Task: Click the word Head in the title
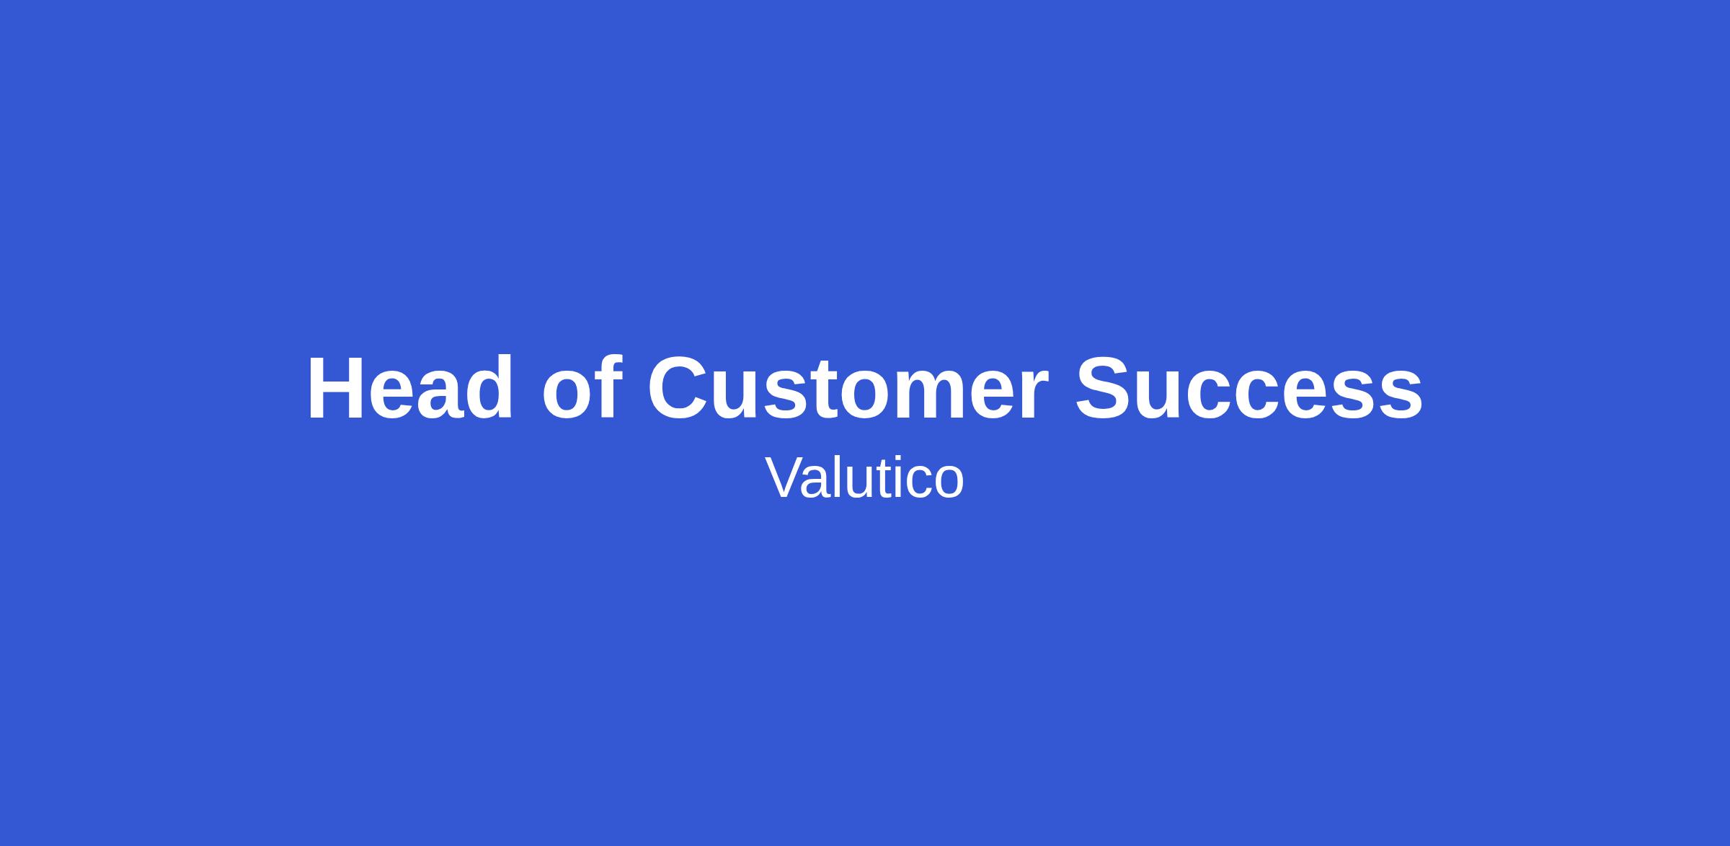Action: (x=410, y=388)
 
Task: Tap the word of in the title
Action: (x=582, y=387)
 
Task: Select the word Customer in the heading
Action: (x=848, y=388)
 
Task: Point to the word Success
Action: (x=1249, y=388)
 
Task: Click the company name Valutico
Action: (x=864, y=477)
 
